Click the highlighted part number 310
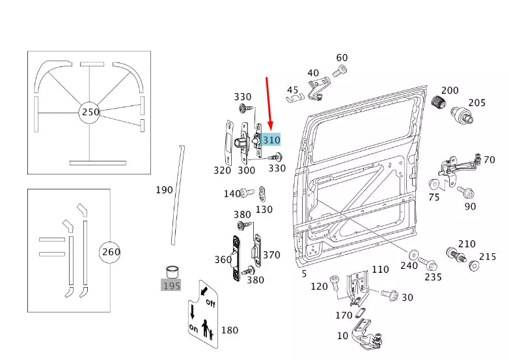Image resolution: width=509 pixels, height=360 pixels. (x=271, y=140)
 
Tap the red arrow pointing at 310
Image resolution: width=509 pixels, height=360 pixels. (x=269, y=104)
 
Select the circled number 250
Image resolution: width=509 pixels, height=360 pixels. (x=90, y=112)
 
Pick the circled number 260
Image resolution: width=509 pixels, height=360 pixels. (x=110, y=252)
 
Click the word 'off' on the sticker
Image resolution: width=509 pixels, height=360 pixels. (x=210, y=303)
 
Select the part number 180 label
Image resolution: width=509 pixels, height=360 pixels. (x=230, y=330)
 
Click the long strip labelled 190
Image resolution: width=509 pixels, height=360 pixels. (x=177, y=195)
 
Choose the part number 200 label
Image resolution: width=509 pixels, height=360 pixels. (x=450, y=90)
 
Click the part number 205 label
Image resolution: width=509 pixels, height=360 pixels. (x=476, y=102)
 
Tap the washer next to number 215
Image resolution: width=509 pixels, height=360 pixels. (x=473, y=266)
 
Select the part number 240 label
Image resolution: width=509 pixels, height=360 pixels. (x=409, y=266)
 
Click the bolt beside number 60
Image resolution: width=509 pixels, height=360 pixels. (x=340, y=71)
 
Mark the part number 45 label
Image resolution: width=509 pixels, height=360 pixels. (x=292, y=90)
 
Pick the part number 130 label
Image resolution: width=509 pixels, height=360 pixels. (x=264, y=210)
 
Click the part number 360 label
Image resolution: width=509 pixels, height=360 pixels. (x=223, y=259)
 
